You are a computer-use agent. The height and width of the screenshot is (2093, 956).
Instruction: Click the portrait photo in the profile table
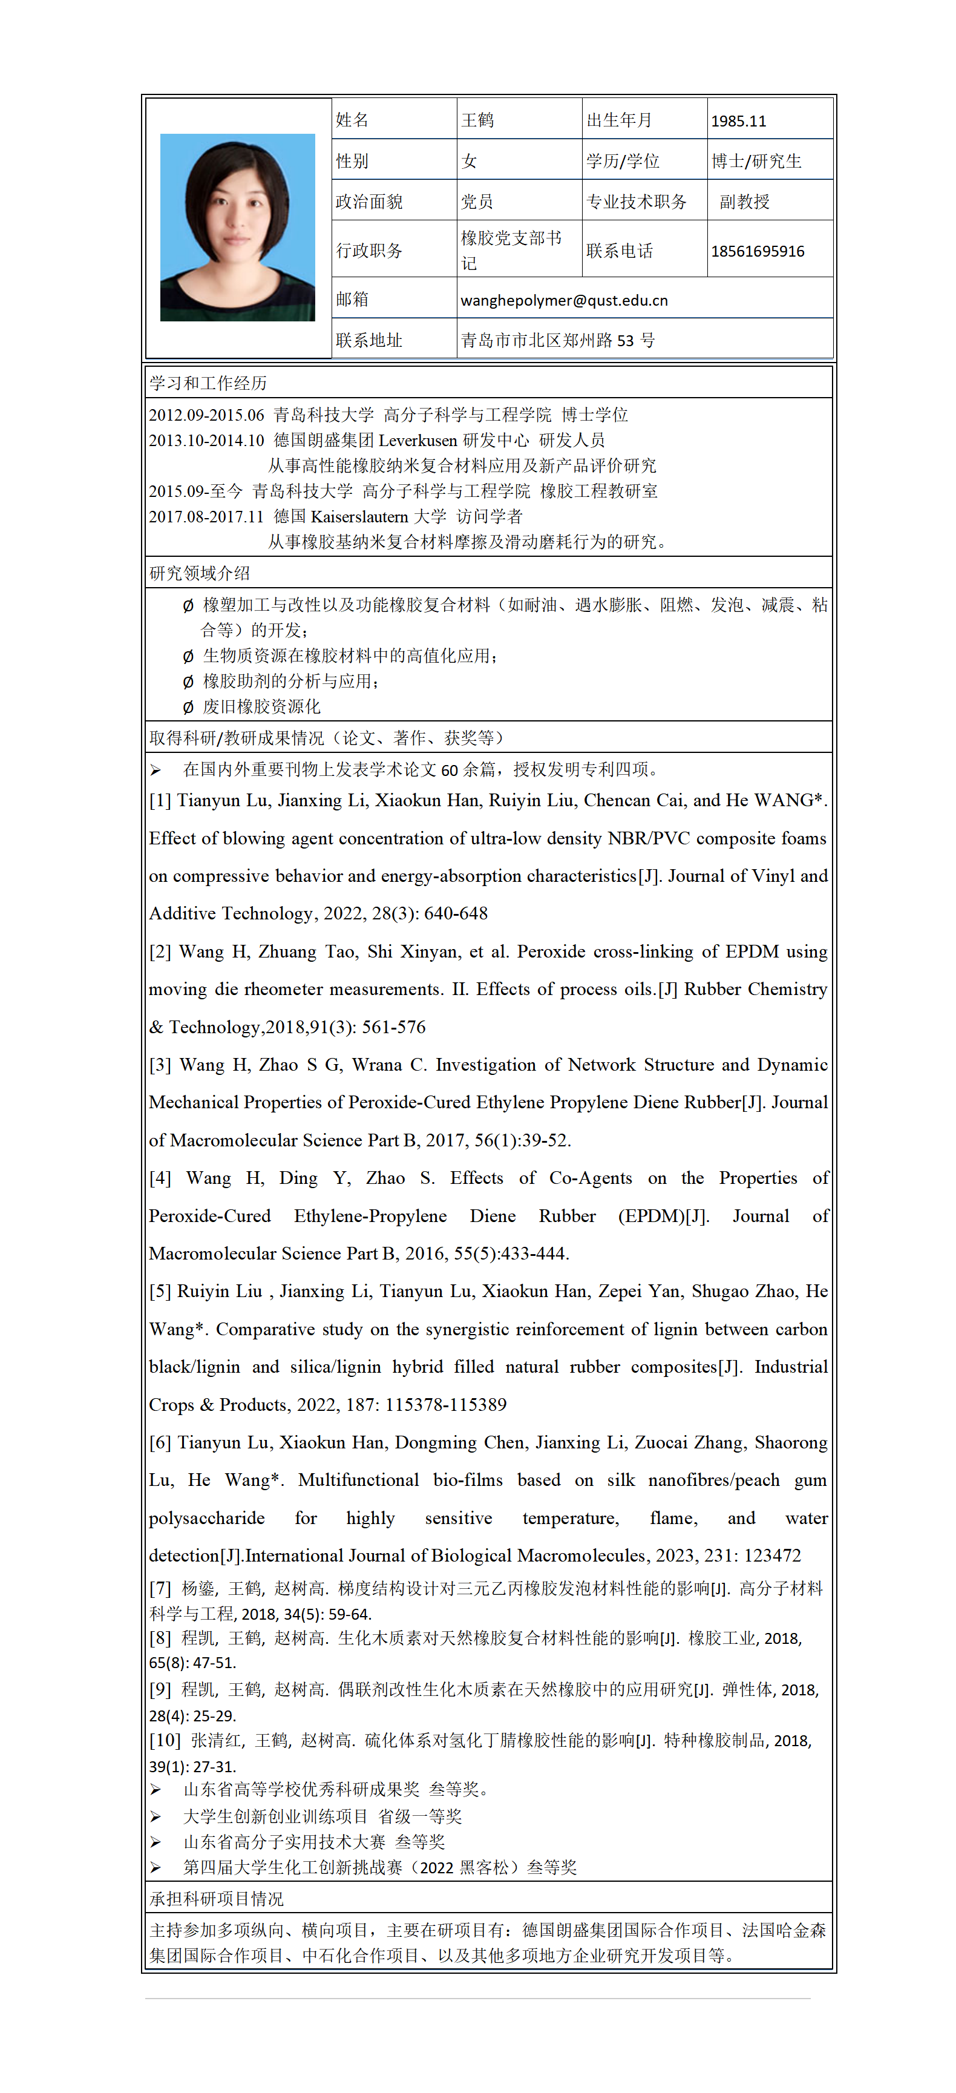237,228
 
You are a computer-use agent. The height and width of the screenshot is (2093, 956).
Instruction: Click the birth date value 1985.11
738,121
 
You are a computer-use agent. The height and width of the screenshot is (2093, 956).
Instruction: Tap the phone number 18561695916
757,251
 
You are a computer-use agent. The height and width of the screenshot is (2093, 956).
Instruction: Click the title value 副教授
744,202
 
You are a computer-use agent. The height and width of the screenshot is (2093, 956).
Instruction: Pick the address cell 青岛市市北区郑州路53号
557,340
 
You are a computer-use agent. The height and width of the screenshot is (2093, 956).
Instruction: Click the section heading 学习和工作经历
208,383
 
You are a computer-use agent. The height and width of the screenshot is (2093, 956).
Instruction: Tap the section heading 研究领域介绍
200,573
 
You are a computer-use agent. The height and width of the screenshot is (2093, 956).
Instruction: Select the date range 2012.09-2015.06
206,415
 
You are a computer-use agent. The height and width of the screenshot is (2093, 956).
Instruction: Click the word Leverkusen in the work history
418,441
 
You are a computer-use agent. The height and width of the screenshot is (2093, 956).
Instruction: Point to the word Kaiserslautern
360,517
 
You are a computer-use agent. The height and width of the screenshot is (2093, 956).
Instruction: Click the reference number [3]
160,1065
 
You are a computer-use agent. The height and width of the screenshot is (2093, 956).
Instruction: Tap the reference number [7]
160,1588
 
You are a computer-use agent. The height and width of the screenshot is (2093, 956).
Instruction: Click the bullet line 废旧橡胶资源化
261,707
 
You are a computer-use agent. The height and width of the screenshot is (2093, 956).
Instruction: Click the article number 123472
770,1555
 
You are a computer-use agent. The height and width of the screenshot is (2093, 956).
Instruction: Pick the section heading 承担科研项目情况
216,1899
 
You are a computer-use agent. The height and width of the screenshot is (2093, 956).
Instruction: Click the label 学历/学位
623,161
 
